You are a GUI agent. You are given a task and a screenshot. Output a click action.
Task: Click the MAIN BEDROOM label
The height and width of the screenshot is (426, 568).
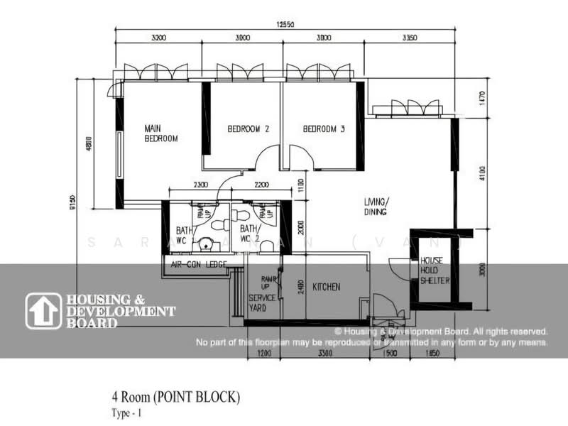click(x=160, y=133)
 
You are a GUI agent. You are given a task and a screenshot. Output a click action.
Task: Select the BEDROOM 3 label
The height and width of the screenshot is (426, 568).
click(x=324, y=129)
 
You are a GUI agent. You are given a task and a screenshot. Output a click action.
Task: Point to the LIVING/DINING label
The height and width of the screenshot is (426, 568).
click(x=376, y=206)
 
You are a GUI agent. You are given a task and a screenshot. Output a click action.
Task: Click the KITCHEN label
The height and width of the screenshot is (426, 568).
click(x=325, y=287)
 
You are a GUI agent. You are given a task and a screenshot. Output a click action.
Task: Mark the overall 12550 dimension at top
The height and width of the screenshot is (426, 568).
click(x=287, y=26)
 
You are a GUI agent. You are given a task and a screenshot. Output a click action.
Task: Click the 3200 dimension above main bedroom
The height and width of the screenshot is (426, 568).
click(x=158, y=38)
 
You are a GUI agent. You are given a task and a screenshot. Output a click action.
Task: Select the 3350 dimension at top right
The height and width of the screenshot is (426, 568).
click(x=408, y=38)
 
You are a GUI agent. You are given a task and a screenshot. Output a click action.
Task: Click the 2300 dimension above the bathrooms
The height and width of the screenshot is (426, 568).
click(x=201, y=186)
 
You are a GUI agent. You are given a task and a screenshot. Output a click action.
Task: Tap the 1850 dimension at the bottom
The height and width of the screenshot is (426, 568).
click(x=433, y=353)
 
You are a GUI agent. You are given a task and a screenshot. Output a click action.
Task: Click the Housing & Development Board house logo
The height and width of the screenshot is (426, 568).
click(x=43, y=311)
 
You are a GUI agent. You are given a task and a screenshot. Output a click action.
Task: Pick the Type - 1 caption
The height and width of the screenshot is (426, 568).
click(x=125, y=413)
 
